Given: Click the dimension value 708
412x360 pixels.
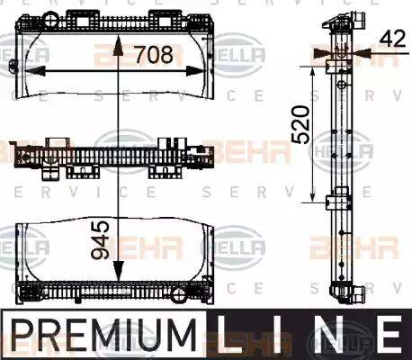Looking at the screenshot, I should (x=153, y=56).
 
